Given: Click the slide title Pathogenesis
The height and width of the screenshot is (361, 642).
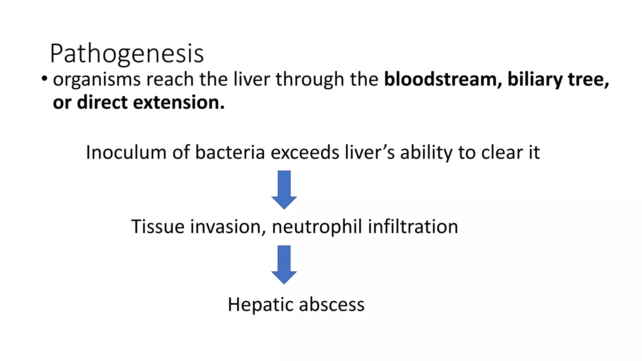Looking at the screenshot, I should [127, 54].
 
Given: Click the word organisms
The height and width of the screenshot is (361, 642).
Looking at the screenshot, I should [97, 80].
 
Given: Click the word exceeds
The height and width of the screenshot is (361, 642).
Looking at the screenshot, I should [305, 153].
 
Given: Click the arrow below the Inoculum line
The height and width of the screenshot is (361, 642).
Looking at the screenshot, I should [284, 190].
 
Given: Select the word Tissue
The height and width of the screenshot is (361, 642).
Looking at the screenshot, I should [158, 227].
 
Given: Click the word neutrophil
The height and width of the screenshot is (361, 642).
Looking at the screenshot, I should [317, 227].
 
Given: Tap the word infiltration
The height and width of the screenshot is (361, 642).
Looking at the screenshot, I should [413, 227].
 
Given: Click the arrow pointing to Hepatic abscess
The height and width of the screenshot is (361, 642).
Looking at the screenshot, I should [284, 264].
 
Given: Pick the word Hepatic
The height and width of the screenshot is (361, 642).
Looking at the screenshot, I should [260, 305].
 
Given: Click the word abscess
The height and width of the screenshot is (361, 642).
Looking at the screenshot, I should [332, 304].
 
